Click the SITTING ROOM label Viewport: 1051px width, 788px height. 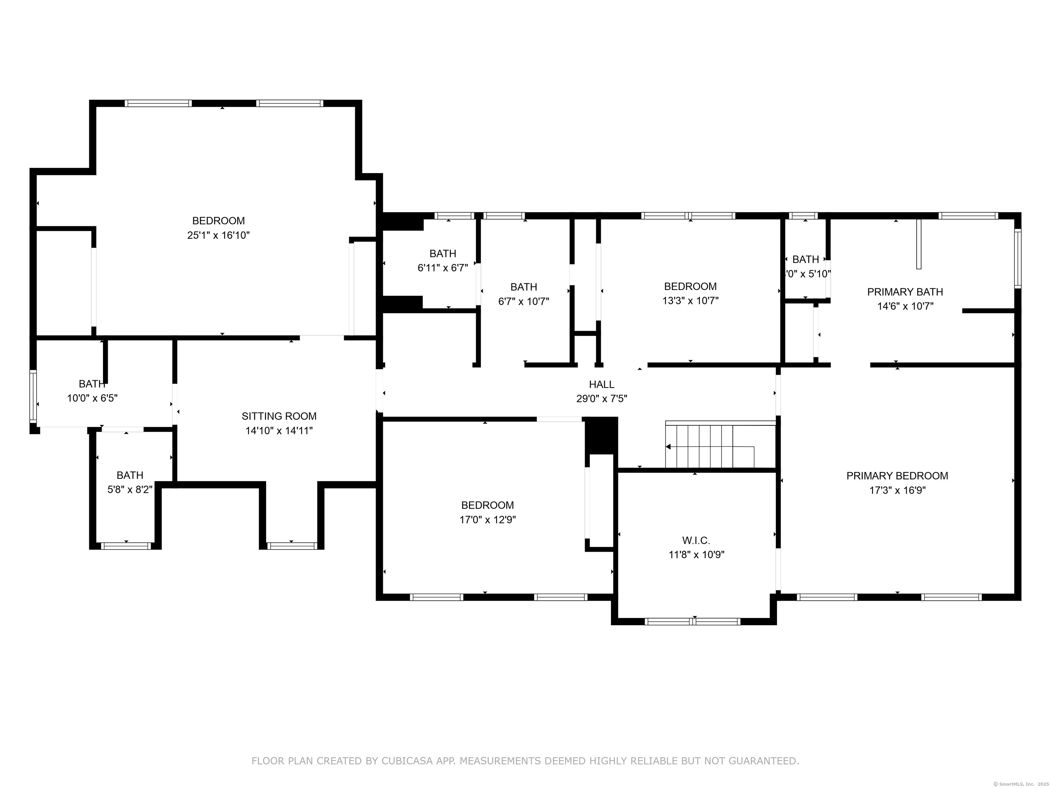[x=279, y=416]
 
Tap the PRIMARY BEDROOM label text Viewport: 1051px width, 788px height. [x=897, y=475]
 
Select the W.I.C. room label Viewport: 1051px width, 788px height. [x=696, y=540]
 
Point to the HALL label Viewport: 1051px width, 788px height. [x=601, y=384]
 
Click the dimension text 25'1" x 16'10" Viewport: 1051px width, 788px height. [x=218, y=235]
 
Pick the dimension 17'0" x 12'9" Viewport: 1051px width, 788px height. [x=488, y=520]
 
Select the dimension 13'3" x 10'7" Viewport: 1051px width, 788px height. [x=690, y=301]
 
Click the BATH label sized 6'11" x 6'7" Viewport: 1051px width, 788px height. [x=443, y=254]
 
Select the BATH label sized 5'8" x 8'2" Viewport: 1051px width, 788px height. [x=130, y=475]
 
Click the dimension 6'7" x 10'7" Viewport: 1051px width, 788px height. [x=523, y=301]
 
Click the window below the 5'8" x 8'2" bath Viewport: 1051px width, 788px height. [x=126, y=546]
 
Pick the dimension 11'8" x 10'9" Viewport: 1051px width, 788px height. [x=696, y=554]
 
